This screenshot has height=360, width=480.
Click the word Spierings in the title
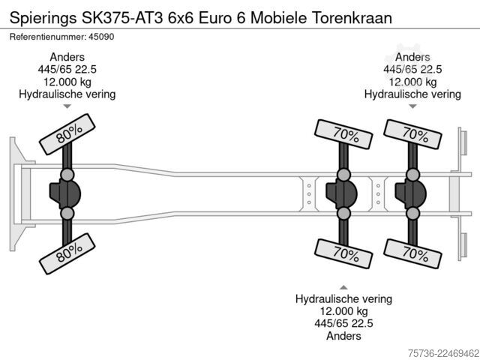(43, 18)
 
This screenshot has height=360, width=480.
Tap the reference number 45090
(101, 37)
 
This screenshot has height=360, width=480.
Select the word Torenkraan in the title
(352, 18)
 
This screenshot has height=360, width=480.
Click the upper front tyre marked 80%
(67, 134)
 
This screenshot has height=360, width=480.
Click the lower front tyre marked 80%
(67, 253)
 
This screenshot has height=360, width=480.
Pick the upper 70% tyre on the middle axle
(343, 134)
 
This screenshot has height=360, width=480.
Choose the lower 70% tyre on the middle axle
(343, 253)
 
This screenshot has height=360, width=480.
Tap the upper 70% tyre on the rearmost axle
(412, 134)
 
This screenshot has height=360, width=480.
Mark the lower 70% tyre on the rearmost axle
(412, 253)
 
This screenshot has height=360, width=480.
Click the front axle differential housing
(65, 193)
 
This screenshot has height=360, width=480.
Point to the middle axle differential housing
(341, 193)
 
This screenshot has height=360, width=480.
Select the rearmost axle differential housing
(410, 193)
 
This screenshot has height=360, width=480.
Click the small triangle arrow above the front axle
(67, 106)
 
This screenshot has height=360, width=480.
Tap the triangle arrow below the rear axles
(343, 287)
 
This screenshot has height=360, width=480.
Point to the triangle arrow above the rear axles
(412, 106)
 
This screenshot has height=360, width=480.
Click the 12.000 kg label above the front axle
(67, 82)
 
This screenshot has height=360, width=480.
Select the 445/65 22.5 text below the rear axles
(343, 323)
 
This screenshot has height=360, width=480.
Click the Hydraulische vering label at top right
(412, 94)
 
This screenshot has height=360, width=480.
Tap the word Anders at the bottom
(343, 336)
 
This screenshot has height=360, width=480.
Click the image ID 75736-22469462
(443, 353)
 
